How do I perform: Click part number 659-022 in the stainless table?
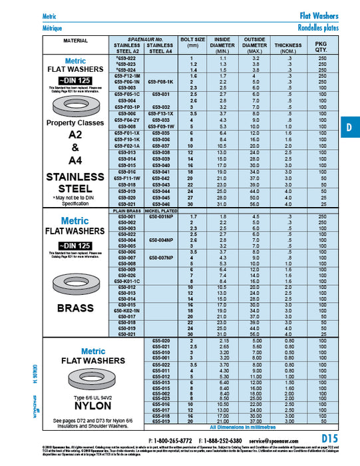[126, 58]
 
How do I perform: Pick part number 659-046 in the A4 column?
[161, 204]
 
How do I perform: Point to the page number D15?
[331, 438]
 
